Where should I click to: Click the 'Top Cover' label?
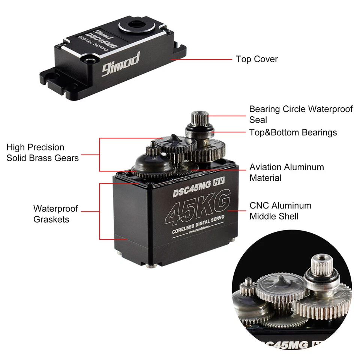[x=256, y=59]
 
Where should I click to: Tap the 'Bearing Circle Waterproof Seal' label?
[x=301, y=114]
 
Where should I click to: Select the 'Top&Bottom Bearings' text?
[x=293, y=132]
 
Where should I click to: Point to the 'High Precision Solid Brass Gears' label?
[x=42, y=153]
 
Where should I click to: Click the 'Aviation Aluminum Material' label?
[x=286, y=172]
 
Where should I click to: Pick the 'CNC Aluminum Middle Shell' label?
[x=280, y=211]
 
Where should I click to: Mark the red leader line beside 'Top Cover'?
[x=202, y=59]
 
